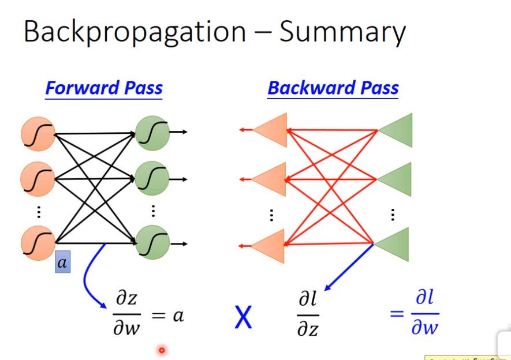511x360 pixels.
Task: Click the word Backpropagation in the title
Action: point(134,33)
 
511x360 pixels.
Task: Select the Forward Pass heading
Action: point(104,88)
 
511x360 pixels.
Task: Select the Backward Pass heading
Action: point(333,88)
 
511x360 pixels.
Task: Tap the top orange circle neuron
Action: point(37,133)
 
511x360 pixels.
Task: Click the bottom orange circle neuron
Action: point(37,243)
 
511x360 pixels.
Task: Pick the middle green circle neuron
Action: point(152,179)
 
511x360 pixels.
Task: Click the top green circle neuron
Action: point(152,133)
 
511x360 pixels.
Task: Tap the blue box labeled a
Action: point(62,264)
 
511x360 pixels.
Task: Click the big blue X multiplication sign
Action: point(243,317)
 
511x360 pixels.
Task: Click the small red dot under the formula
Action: point(162,350)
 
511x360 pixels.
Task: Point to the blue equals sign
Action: point(396,314)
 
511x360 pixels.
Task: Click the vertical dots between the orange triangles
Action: point(271,215)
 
